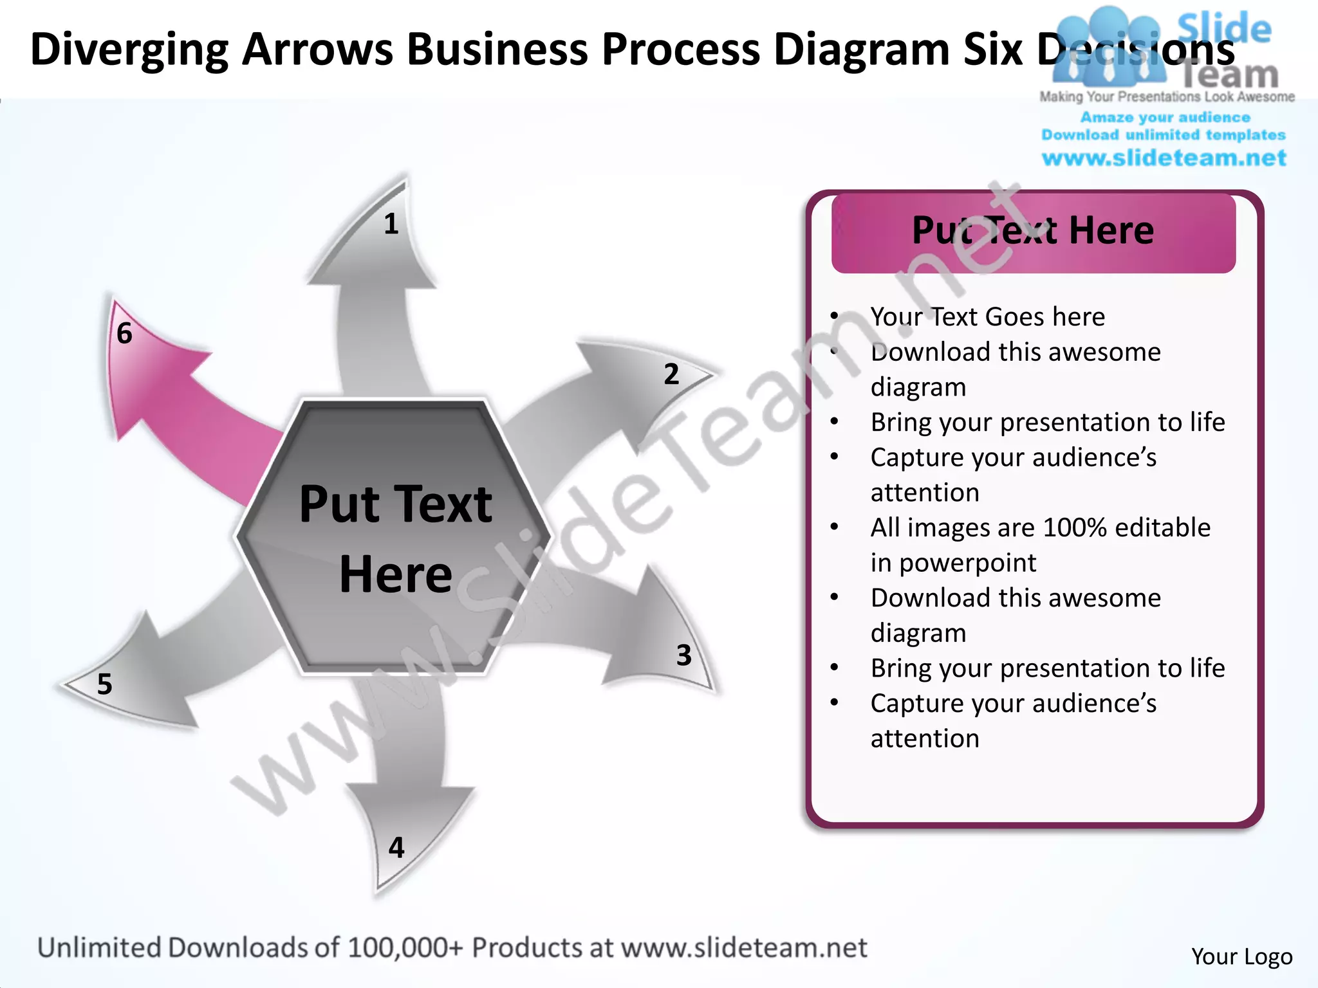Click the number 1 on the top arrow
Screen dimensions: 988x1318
391,224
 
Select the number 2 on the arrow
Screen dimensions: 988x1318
671,374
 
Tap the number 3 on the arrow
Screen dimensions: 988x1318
683,655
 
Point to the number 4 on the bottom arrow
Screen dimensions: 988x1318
396,847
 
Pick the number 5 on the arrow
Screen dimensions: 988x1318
104,684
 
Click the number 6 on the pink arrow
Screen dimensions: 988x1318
124,333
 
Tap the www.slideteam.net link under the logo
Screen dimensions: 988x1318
1164,158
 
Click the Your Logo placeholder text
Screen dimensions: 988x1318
1241,956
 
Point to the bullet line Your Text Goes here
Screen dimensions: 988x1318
987,316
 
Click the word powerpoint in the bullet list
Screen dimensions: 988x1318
967,563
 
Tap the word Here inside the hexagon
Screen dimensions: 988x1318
395,574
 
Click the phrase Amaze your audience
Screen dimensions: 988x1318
1165,117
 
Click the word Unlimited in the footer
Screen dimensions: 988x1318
99,947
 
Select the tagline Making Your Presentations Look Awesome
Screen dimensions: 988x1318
1167,96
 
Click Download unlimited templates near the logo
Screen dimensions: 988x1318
1164,135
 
